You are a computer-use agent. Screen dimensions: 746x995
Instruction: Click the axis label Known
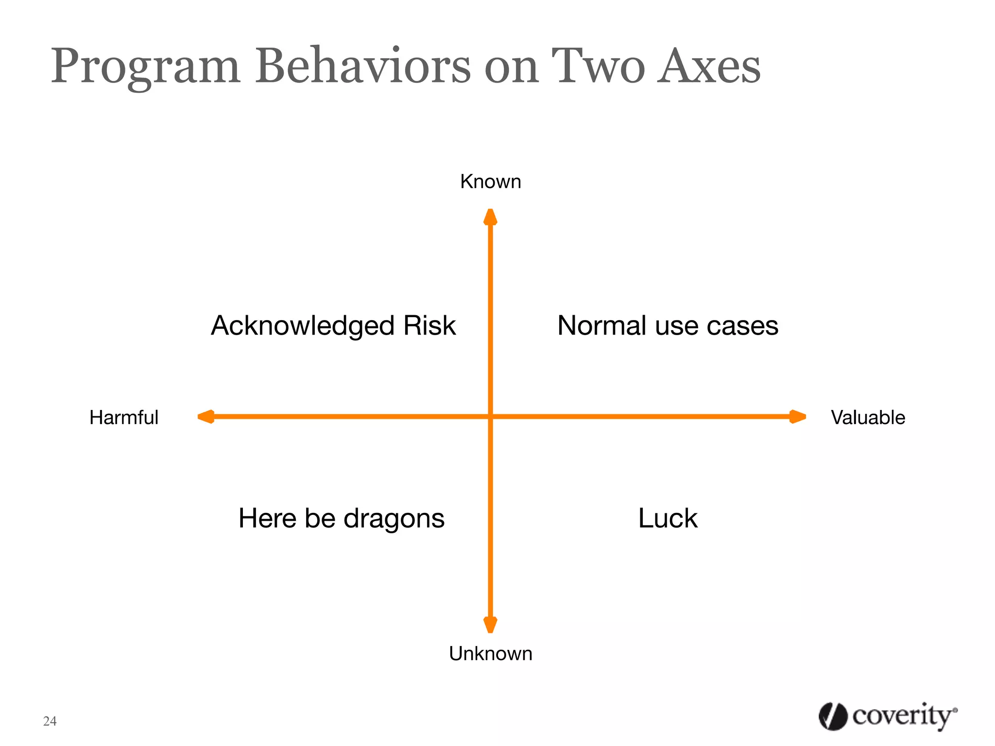point(490,182)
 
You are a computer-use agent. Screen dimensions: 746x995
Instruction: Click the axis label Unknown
point(490,654)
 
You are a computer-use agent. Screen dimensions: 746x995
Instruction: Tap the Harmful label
point(124,418)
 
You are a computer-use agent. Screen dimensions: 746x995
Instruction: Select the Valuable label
point(868,418)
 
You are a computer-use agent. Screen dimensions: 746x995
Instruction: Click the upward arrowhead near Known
point(490,217)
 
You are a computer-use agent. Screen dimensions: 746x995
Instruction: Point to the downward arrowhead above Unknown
point(490,625)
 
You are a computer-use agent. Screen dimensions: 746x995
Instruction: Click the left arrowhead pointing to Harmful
point(206,417)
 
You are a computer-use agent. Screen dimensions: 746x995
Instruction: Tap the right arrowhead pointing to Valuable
point(797,417)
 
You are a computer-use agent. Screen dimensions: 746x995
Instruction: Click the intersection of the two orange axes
point(490,417)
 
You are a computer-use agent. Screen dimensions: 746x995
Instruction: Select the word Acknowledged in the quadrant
point(302,326)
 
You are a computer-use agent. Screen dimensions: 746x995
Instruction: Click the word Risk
point(429,325)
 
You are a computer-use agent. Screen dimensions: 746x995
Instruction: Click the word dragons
point(394,519)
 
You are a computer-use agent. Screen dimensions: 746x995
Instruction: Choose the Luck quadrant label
point(668,518)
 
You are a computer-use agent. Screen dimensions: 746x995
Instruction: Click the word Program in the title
point(146,67)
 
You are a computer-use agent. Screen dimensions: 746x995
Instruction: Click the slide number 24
point(50,721)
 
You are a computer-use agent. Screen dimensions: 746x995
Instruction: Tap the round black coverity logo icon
point(833,716)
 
